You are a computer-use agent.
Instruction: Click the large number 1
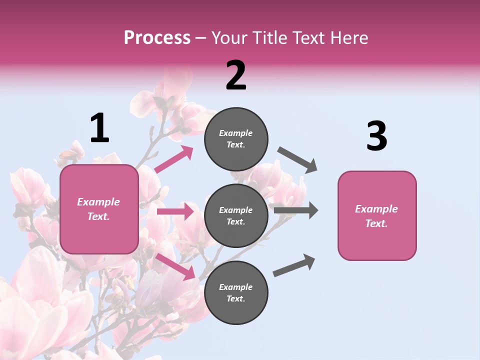(99, 128)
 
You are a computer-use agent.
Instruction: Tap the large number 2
(236, 75)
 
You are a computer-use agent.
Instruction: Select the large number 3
(376, 136)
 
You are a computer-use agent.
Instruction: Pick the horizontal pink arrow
(175, 211)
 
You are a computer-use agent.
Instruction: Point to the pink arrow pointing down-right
(175, 266)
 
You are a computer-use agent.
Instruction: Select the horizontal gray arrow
(296, 210)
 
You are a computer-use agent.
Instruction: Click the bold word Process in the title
(157, 37)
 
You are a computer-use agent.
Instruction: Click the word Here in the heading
(348, 37)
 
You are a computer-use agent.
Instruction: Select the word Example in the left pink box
(98, 202)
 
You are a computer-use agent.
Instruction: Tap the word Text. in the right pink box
(376, 223)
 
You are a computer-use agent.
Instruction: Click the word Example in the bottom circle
(235, 287)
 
